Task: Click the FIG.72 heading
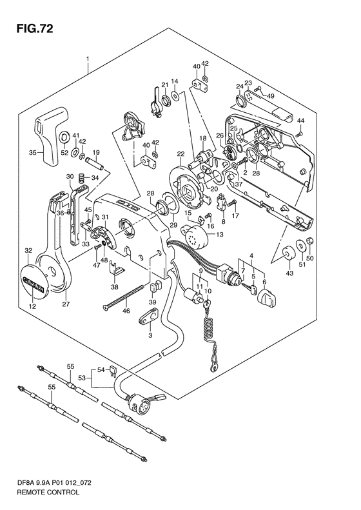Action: point(34,28)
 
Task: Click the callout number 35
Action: point(32,152)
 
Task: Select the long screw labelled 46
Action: point(124,296)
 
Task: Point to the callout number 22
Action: point(181,154)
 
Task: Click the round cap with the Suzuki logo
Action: point(34,282)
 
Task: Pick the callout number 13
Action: point(220,235)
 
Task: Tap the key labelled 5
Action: point(249,288)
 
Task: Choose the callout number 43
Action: point(289,273)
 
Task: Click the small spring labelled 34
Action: point(82,178)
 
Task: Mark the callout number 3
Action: point(150,335)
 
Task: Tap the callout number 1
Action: point(88,59)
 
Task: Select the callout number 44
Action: point(300,121)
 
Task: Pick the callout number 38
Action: point(115,287)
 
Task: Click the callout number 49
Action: point(270,96)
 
